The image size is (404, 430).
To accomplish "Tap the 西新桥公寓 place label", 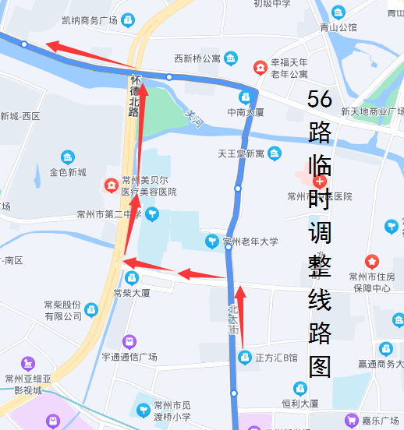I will click(197, 58).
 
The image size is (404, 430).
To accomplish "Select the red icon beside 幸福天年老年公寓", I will click(260, 68).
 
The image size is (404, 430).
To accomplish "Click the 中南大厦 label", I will click(245, 112).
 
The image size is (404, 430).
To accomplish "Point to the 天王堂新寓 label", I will click(242, 153).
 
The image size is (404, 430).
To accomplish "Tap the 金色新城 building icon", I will click(68, 158).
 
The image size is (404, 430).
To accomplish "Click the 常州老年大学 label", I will click(250, 242).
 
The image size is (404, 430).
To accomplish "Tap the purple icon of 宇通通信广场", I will click(129, 341).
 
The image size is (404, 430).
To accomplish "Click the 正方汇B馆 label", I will click(277, 358).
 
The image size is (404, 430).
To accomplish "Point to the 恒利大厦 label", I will click(299, 404).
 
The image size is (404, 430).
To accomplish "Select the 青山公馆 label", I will click(338, 27).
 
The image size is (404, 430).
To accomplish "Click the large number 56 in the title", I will click(320, 99).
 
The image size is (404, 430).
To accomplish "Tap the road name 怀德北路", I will click(134, 96).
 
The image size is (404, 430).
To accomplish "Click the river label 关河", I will click(193, 117).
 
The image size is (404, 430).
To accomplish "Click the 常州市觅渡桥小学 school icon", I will click(144, 409).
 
